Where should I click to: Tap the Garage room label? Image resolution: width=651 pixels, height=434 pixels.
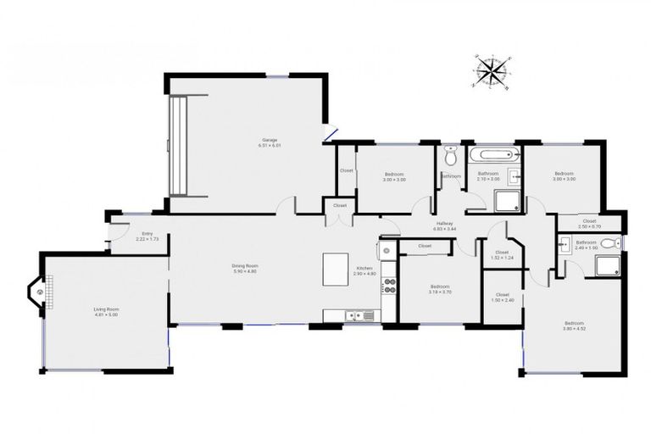click(270, 142)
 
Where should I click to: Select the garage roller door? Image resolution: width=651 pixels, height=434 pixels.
click(178, 146)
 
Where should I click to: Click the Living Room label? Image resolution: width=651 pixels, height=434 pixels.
click(106, 312)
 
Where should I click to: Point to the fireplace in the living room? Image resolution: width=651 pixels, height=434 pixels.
click(40, 292)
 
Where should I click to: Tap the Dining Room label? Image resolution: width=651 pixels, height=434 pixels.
click(245, 269)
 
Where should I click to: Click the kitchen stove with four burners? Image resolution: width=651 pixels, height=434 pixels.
click(390, 285)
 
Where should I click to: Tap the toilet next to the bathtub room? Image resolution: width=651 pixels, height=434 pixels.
click(450, 156)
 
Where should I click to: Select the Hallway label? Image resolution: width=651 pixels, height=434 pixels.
click(444, 226)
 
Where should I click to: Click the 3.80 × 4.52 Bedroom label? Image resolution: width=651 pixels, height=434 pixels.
click(574, 325)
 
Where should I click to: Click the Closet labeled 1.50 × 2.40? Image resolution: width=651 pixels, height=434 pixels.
click(502, 298)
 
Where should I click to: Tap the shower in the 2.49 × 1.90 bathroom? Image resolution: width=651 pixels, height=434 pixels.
click(608, 266)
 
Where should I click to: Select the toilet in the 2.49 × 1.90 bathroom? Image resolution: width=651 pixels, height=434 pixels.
click(612, 244)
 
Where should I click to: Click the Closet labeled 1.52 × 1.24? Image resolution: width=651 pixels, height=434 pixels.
click(502, 254)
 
